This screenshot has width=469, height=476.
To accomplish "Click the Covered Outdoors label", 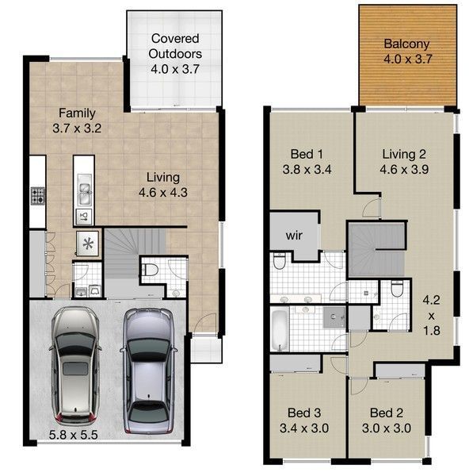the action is click(x=175, y=54).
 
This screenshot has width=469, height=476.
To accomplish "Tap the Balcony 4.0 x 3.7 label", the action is click(x=407, y=52).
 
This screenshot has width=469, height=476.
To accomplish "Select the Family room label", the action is click(x=77, y=121).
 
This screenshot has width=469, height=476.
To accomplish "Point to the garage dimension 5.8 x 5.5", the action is click(x=74, y=435).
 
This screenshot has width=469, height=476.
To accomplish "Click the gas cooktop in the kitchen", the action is click(x=38, y=196).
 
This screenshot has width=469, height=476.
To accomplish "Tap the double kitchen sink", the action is click(x=84, y=190).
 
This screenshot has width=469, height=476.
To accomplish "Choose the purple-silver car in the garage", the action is click(x=149, y=371).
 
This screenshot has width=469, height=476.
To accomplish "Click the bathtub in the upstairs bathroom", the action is click(x=279, y=329).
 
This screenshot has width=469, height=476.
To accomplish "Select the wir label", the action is click(x=294, y=236).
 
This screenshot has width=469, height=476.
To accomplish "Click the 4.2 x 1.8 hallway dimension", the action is click(x=432, y=316).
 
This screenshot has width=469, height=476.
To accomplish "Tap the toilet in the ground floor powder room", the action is click(x=150, y=270).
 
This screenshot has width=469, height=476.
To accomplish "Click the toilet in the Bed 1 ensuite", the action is click(x=279, y=261).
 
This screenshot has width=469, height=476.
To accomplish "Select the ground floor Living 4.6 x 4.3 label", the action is click(x=162, y=185).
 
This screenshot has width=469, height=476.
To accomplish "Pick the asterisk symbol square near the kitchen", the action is click(x=88, y=244).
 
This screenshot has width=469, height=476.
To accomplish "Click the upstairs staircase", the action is click(x=377, y=249).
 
